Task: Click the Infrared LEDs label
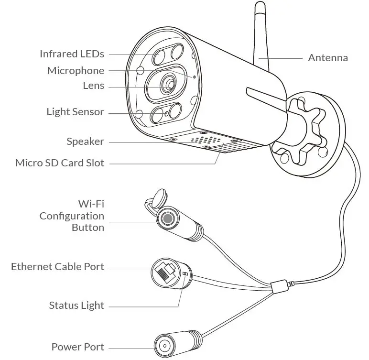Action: [x=72, y=54]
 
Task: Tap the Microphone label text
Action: [x=76, y=71]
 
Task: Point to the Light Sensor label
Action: [x=75, y=112]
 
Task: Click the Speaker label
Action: [x=85, y=142]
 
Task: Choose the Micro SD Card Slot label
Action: [x=59, y=163]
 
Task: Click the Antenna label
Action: [x=327, y=58]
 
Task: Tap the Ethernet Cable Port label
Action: [x=57, y=267]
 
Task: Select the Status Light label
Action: [x=76, y=305]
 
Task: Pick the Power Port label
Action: [x=77, y=347]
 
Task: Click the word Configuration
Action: [x=72, y=216]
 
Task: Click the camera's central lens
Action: [x=168, y=84]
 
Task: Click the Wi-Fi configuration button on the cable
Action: [x=167, y=218]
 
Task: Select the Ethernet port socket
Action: [x=164, y=273]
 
